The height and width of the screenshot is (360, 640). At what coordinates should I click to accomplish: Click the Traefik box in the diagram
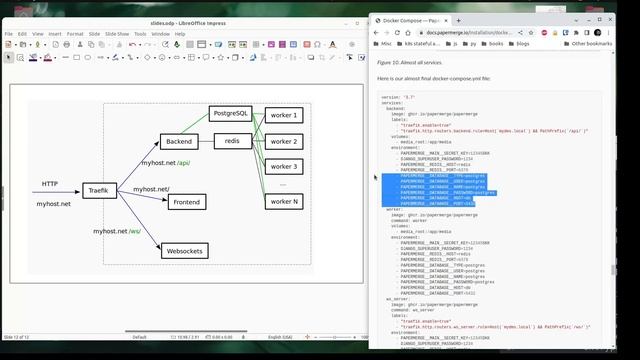pos(98,189)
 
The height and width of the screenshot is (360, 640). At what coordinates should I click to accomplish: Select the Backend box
pos(179,142)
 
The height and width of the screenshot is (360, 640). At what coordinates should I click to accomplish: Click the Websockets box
pos(185,250)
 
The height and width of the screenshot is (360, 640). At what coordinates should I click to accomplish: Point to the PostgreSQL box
pos(232,115)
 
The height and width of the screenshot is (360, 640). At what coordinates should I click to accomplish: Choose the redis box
pos(232,141)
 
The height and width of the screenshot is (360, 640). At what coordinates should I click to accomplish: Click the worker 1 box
pos(284,116)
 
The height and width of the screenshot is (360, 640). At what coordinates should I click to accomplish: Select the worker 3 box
pos(284,166)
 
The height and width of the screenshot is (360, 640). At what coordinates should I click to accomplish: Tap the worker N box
pos(284,201)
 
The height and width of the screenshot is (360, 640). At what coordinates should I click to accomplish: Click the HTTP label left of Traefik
pos(50,184)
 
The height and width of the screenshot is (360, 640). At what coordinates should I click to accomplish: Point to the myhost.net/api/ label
pos(165,163)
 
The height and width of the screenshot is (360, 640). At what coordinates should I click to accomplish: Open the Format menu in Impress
pos(75,33)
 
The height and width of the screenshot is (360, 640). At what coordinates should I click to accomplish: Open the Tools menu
pos(140,33)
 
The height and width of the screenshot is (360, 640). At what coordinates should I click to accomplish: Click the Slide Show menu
pos(116,33)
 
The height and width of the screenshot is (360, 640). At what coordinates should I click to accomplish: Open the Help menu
pos(180,33)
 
